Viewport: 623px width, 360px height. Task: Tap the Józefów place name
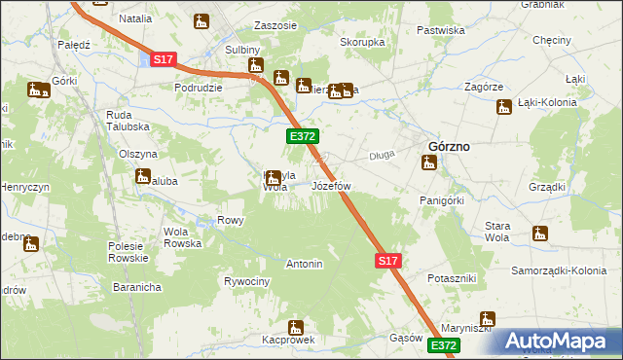pyautogui.click(x=330, y=185)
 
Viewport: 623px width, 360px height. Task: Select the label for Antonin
pyautogui.click(x=304, y=264)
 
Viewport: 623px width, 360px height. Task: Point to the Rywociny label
pyautogui.click(x=246, y=281)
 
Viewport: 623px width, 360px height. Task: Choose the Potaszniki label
pyautogui.click(x=452, y=278)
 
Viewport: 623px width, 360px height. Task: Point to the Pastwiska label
pyautogui.click(x=440, y=30)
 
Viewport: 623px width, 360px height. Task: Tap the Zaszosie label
pyautogui.click(x=275, y=25)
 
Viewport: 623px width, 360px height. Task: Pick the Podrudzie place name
pyautogui.click(x=199, y=87)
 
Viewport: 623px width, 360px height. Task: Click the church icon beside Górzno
pyautogui.click(x=428, y=164)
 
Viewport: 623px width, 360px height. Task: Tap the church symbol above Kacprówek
pyautogui.click(x=296, y=327)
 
